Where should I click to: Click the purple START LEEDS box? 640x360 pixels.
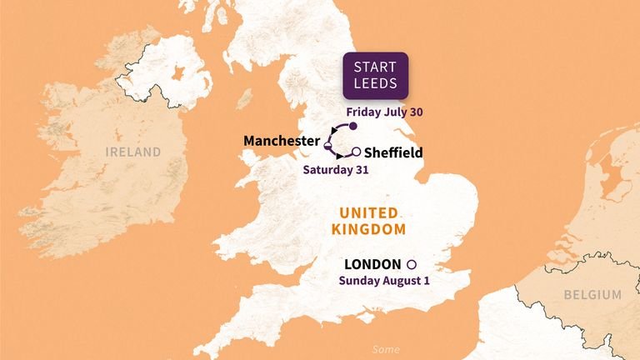(377, 76)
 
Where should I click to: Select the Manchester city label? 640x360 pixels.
(282, 141)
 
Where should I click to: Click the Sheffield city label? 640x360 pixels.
(393, 152)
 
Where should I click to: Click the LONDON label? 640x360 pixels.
(372, 263)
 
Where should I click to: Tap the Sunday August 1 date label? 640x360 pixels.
(384, 281)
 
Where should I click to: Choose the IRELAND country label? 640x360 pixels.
(133, 152)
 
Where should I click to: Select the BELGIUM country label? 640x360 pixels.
(591, 295)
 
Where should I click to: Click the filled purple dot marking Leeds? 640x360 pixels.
(352, 127)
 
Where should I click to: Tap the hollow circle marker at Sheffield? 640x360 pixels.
(356, 152)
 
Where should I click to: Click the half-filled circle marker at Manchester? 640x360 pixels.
(327, 147)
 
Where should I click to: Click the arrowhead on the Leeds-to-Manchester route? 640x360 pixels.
(333, 131)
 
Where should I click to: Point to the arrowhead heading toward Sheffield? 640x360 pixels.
(341, 157)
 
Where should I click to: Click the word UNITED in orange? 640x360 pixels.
(370, 213)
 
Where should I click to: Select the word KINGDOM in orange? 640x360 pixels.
(370, 229)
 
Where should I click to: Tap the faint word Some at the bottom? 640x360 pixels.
(386, 349)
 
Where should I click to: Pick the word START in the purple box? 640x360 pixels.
(377, 67)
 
